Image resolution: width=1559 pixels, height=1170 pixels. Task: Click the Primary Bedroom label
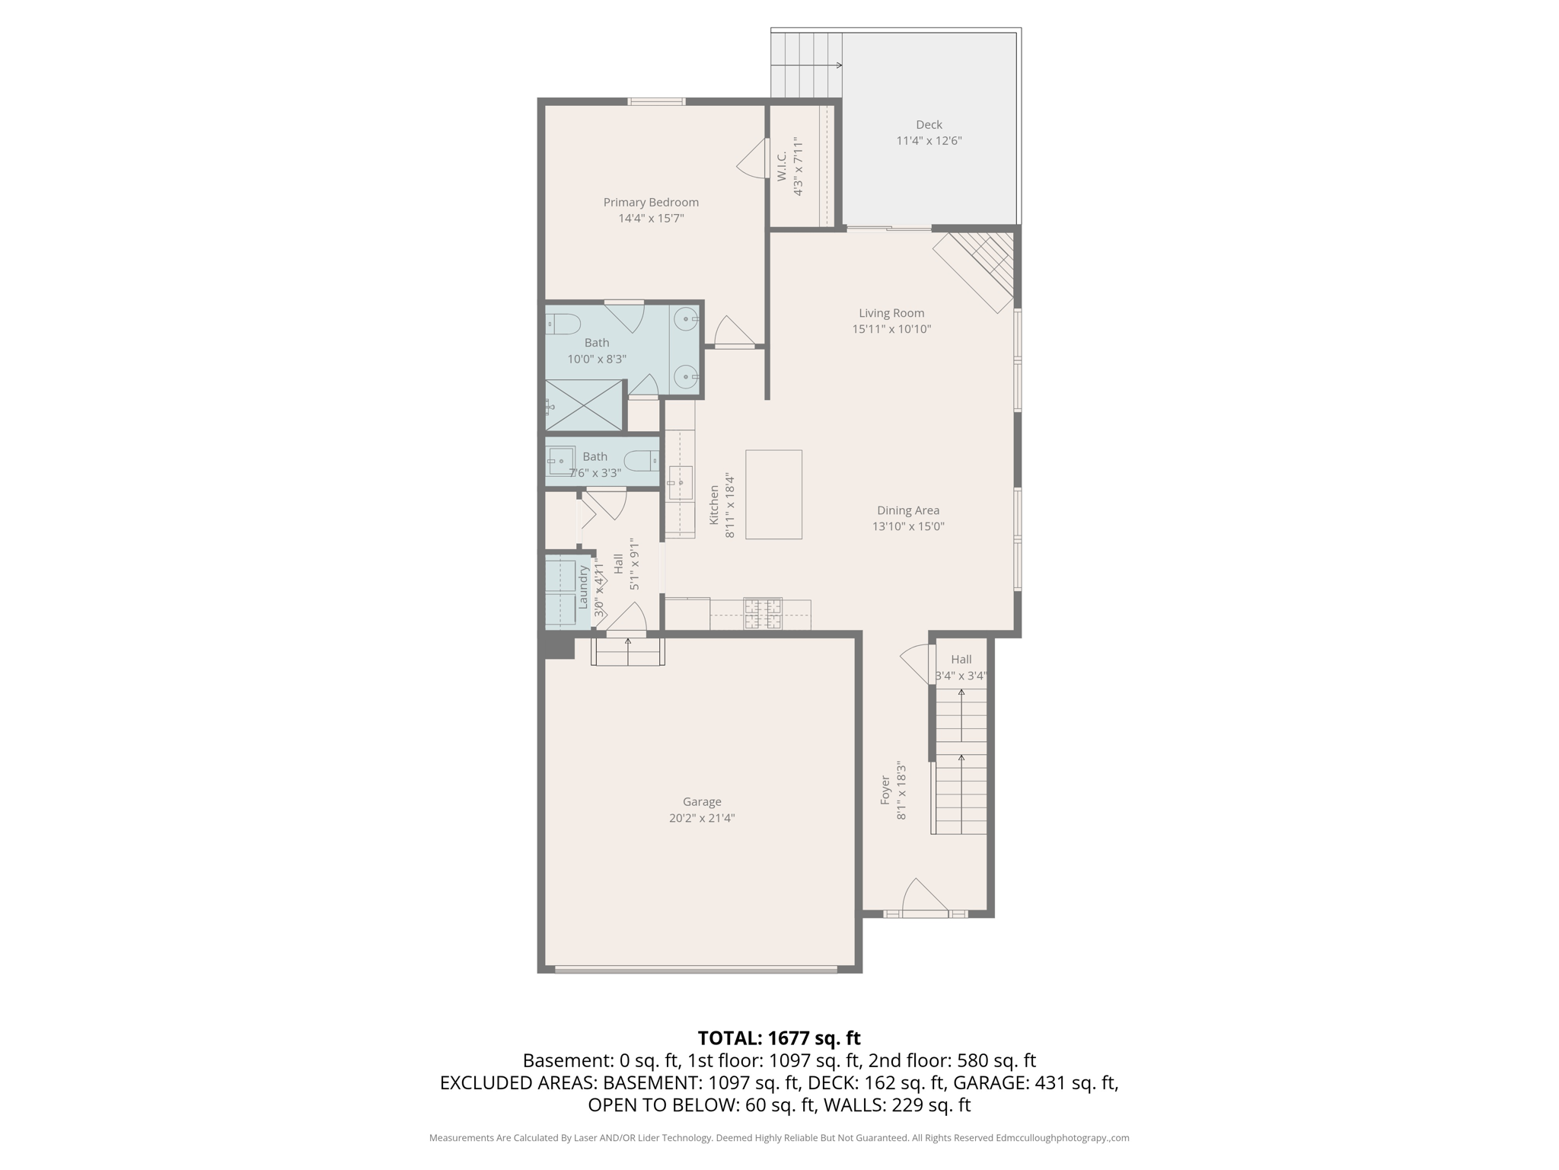pos(651,202)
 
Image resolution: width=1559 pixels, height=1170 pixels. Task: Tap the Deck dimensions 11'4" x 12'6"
pos(929,141)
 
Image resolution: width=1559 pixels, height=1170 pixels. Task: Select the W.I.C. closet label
pos(782,166)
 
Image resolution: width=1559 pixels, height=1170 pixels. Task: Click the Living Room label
pos(891,313)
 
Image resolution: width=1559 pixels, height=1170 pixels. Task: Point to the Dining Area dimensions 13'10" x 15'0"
pos(908,526)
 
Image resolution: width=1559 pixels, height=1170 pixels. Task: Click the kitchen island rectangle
pos(773,494)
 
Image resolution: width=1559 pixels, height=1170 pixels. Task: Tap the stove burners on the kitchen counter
pos(762,614)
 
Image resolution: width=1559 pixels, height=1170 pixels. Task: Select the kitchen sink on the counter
pos(680,483)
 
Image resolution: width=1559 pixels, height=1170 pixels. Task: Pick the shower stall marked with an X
pos(585,405)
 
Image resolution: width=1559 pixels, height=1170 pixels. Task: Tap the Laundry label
pos(583,586)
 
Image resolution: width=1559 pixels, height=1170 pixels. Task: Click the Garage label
pos(702,801)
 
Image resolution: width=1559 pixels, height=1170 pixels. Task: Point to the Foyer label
pos(885,790)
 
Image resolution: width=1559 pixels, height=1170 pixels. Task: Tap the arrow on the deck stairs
pos(837,66)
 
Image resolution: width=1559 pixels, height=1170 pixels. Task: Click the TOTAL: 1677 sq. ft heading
pos(779,1037)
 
